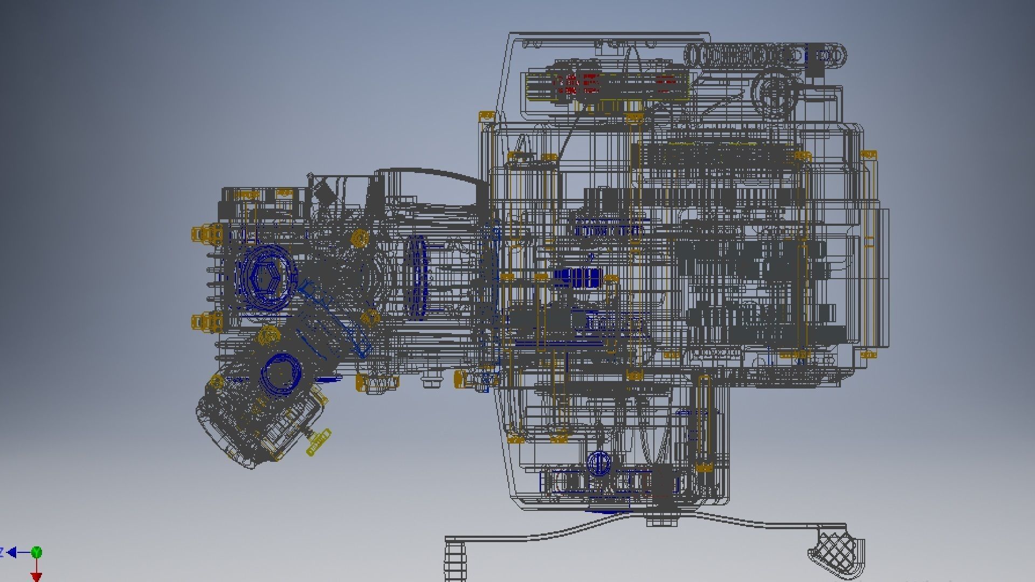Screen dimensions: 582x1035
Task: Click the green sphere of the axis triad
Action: click(x=36, y=552)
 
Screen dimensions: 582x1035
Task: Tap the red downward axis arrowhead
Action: click(x=36, y=577)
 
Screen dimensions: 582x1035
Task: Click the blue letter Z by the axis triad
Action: click(x=2, y=552)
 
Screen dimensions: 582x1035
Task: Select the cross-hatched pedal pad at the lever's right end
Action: click(x=835, y=550)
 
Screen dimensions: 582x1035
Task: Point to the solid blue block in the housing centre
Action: click(x=577, y=278)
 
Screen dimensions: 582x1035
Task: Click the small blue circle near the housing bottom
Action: click(x=598, y=463)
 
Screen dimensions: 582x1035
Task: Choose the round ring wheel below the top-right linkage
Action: click(x=775, y=93)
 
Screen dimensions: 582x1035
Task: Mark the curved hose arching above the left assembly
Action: click(x=431, y=174)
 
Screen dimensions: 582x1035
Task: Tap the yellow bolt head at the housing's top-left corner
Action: click(x=486, y=116)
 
